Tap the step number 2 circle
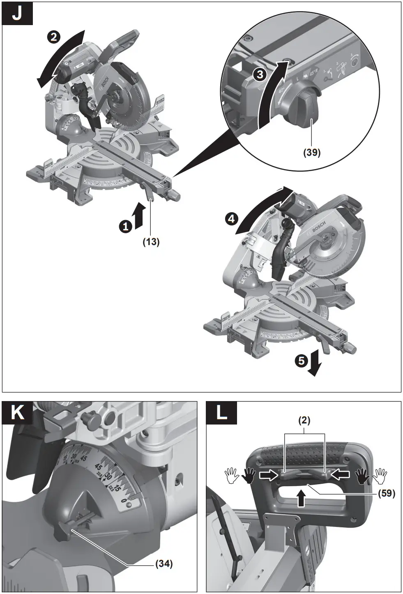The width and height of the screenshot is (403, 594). pyautogui.click(x=53, y=38)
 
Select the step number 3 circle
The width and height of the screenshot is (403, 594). pyautogui.click(x=259, y=75)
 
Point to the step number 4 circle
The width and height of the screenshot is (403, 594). pyautogui.click(x=231, y=219)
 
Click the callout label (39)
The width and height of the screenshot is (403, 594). pyautogui.click(x=312, y=152)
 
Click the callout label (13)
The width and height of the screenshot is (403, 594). pyautogui.click(x=151, y=242)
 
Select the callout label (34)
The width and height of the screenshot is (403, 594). pyautogui.click(x=164, y=564)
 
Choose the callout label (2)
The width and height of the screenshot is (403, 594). pyautogui.click(x=304, y=420)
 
